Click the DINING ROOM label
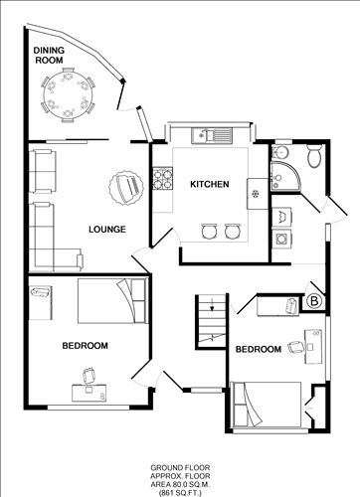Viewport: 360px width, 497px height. click(49, 56)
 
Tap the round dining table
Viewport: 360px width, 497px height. click(69, 95)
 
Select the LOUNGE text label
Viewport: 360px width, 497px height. click(107, 230)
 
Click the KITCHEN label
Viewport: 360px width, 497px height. click(210, 184)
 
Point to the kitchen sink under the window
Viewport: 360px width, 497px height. click(212, 135)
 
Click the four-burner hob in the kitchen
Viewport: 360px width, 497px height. click(163, 179)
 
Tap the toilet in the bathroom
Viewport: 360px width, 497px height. click(313, 156)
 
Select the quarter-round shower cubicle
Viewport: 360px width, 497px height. click(285, 176)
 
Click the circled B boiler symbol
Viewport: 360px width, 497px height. click(314, 301)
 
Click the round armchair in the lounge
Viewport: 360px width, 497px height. click(126, 188)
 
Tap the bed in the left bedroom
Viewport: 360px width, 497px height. click(112, 301)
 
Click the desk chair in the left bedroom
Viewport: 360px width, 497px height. click(89, 376)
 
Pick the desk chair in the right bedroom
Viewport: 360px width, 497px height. click(295, 347)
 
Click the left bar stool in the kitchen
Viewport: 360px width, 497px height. click(210, 232)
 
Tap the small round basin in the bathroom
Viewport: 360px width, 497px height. click(281, 152)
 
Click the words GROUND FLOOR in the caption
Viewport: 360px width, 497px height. click(180, 468)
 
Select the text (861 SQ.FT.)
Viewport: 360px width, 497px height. click(180, 493)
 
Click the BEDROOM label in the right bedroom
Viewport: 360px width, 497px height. click(259, 349)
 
